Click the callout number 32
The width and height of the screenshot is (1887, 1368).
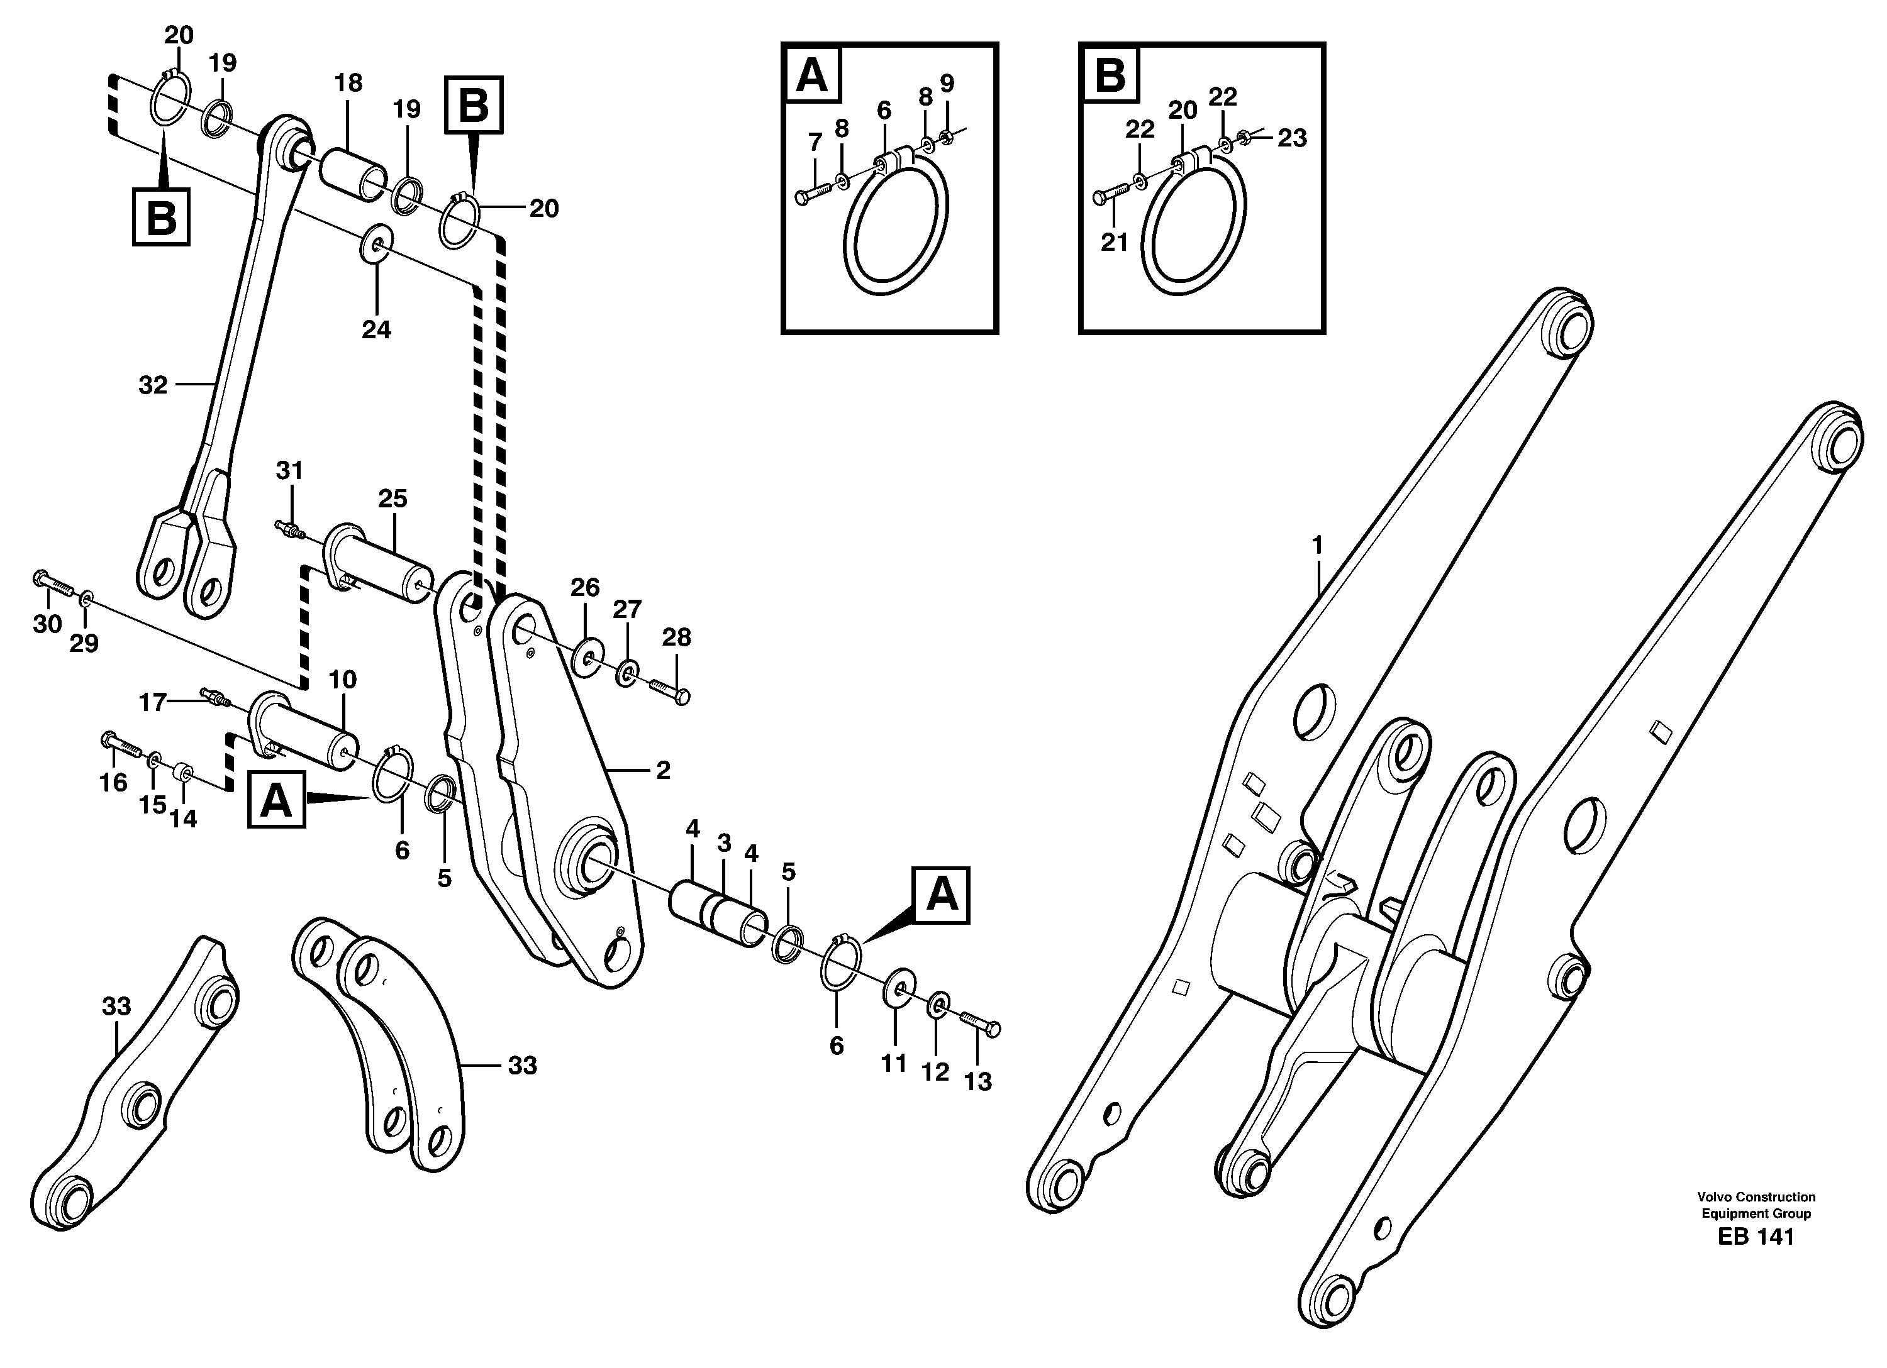pos(152,385)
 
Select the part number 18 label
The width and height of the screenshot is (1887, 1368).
pos(348,83)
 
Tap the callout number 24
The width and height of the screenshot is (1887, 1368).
pos(376,330)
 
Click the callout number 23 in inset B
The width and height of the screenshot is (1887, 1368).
pos(1292,138)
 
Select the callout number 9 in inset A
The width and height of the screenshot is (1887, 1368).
pos(947,83)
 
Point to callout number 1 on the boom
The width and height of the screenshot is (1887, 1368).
pos(1316,546)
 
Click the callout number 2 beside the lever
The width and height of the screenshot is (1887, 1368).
pos(662,771)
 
